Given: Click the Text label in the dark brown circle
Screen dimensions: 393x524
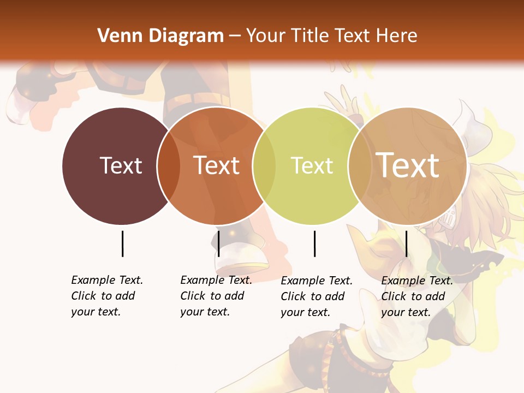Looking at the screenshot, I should click(121, 165).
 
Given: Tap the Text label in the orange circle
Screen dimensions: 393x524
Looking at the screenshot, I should click(217, 165).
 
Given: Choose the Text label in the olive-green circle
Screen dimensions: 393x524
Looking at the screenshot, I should click(312, 165).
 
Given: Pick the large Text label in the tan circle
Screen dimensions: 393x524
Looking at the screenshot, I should click(408, 165).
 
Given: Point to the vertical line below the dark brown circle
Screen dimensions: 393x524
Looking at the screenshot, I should click(122, 243).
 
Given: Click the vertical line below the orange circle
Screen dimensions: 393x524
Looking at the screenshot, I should click(218, 243).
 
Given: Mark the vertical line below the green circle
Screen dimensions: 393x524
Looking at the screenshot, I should click(314, 243).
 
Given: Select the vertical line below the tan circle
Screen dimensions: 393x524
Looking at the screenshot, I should click(406, 243).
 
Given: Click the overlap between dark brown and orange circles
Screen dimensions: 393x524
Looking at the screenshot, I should click(169, 166).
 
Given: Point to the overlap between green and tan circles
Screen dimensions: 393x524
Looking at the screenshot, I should click(360, 166).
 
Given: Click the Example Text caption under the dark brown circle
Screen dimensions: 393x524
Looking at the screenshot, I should click(107, 296).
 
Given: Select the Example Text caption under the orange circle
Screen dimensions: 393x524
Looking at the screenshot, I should click(216, 296).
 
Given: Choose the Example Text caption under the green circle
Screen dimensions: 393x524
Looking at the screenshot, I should click(317, 296).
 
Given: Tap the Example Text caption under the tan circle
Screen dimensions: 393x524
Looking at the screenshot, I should click(417, 296).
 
